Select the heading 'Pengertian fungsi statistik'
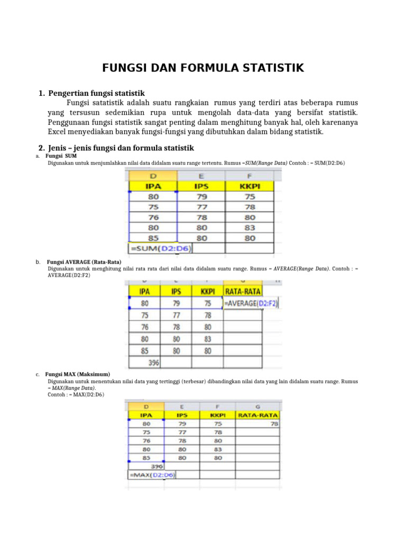[x=96, y=93]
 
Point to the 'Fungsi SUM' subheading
[x=61, y=157]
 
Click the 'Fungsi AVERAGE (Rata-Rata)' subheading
[x=84, y=262]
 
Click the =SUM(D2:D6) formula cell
[x=161, y=248]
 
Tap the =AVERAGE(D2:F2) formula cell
[x=251, y=303]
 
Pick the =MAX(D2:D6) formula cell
[x=152, y=475]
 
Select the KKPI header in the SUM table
[x=250, y=186]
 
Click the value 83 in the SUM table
[x=250, y=228]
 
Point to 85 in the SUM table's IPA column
[x=153, y=238]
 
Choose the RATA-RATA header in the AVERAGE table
[x=243, y=291]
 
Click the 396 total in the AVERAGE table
[x=153, y=363]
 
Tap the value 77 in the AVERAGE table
[x=176, y=315]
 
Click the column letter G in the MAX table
[x=257, y=406]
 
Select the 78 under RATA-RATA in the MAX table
[x=274, y=423]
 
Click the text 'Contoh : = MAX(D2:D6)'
[x=76, y=394]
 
